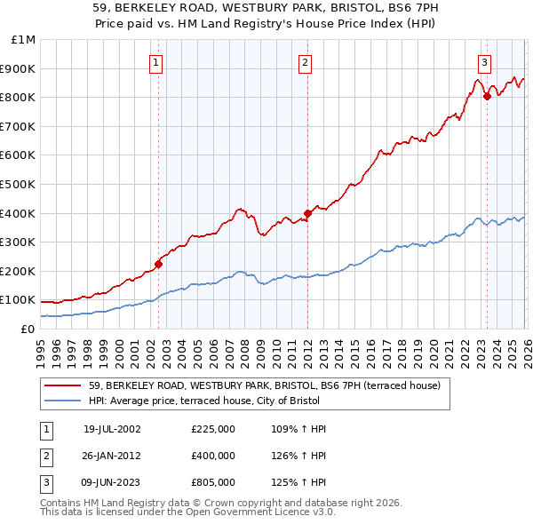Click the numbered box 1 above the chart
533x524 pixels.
click(x=156, y=62)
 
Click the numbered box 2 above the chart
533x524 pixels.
click(x=305, y=62)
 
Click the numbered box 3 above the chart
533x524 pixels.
click(x=484, y=62)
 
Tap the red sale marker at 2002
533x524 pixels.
click(x=159, y=264)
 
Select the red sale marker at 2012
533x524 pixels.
click(x=307, y=213)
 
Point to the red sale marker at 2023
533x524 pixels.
click(x=487, y=96)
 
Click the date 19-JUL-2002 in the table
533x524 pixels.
click(x=112, y=429)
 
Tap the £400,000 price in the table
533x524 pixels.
click(x=213, y=456)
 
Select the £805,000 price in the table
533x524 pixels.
click(x=213, y=482)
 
